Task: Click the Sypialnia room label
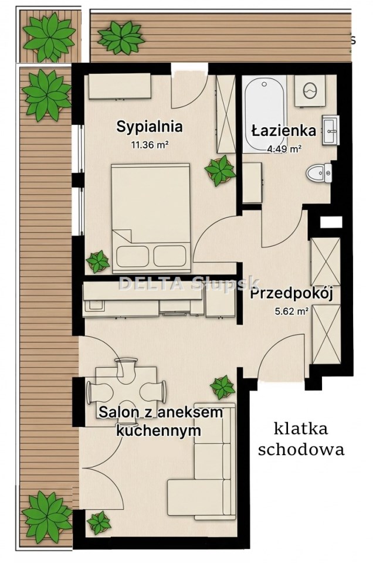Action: pyautogui.click(x=150, y=127)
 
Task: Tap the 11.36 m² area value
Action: pyautogui.click(x=150, y=145)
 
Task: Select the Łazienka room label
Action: pyautogui.click(x=284, y=131)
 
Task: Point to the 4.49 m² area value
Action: pyautogui.click(x=284, y=149)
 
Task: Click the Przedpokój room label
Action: pyautogui.click(x=292, y=294)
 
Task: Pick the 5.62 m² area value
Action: pyautogui.click(x=292, y=311)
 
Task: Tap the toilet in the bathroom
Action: pyautogui.click(x=319, y=172)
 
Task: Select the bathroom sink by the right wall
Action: pyautogui.click(x=331, y=130)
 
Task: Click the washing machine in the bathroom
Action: pyautogui.click(x=310, y=90)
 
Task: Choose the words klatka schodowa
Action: pyautogui.click(x=301, y=439)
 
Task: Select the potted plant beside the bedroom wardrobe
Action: pyautogui.click(x=220, y=170)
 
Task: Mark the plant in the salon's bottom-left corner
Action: pyautogui.click(x=99, y=522)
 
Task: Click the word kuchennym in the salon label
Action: pyautogui.click(x=158, y=430)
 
